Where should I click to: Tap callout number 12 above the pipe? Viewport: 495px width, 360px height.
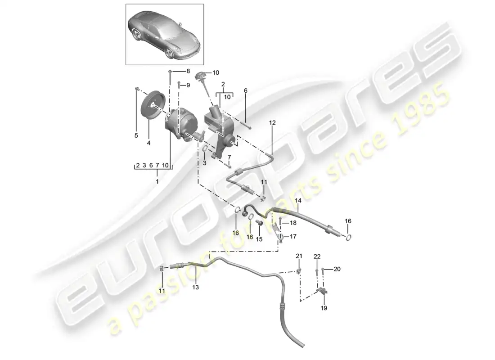(272, 122)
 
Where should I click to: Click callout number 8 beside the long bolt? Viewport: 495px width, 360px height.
(188, 71)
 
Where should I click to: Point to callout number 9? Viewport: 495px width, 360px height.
(188, 85)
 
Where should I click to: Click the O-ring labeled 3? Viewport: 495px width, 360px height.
(205, 148)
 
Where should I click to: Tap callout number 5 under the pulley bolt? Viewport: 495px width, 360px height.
(136, 135)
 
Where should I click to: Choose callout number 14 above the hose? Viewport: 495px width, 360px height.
(298, 201)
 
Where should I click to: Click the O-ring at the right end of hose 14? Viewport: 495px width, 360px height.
(348, 237)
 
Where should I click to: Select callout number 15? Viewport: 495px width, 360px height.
(259, 239)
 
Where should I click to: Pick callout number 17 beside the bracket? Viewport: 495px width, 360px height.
(293, 236)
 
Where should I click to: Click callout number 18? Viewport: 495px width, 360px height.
(293, 223)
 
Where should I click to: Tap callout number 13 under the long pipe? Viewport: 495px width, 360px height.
(195, 287)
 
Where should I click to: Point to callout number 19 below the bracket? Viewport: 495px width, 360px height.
(324, 308)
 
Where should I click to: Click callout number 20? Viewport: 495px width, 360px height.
(337, 269)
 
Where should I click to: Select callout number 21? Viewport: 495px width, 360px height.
(299, 256)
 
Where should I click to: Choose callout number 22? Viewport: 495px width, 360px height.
(317, 256)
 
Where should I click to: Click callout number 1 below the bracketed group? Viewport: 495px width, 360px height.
(157, 182)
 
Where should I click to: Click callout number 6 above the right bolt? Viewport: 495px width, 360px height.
(246, 90)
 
